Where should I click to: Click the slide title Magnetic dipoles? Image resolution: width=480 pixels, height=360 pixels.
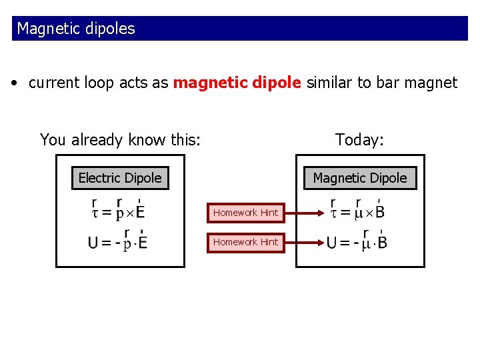click(x=76, y=29)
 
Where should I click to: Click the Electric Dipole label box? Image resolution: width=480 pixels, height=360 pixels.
click(x=120, y=178)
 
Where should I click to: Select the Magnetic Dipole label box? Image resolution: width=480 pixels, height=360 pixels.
click(x=360, y=178)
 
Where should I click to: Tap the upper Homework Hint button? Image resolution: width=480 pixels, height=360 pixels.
click(x=245, y=213)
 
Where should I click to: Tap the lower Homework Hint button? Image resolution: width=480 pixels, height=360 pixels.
click(x=245, y=242)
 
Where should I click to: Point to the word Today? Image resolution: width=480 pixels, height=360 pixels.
click(x=359, y=140)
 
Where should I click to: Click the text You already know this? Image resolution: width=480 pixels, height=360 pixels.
click(x=120, y=140)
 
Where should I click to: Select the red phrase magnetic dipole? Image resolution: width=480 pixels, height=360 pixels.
click(x=237, y=83)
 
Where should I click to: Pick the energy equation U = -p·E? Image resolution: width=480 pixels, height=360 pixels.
click(x=118, y=241)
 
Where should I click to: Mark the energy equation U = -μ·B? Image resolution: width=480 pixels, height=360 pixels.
click(x=357, y=241)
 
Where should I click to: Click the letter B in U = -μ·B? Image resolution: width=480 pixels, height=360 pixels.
click(x=381, y=243)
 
